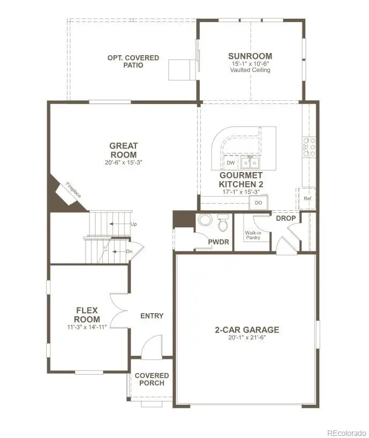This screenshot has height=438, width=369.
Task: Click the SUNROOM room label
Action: [250, 56]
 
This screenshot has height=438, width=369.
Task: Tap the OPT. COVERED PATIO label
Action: [125, 62]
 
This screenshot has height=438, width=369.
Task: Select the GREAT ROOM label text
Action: [123, 150]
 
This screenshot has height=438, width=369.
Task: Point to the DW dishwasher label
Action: [230, 162]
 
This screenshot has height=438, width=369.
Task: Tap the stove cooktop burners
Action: [310, 147]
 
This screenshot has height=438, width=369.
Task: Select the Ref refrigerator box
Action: [307, 198]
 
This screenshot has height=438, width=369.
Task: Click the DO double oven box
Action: [258, 203]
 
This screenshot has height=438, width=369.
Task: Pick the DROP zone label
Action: [285, 218]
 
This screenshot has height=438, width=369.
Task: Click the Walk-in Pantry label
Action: [253, 235]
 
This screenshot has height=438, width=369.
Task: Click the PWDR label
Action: [219, 242]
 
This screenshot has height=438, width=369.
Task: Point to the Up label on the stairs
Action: [133, 224]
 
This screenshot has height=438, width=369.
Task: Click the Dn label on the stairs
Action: [129, 251]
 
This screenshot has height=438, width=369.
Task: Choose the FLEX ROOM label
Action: [87, 315]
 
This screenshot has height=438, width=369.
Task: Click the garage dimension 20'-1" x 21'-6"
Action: [243, 337]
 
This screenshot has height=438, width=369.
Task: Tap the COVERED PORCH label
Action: [152, 380]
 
